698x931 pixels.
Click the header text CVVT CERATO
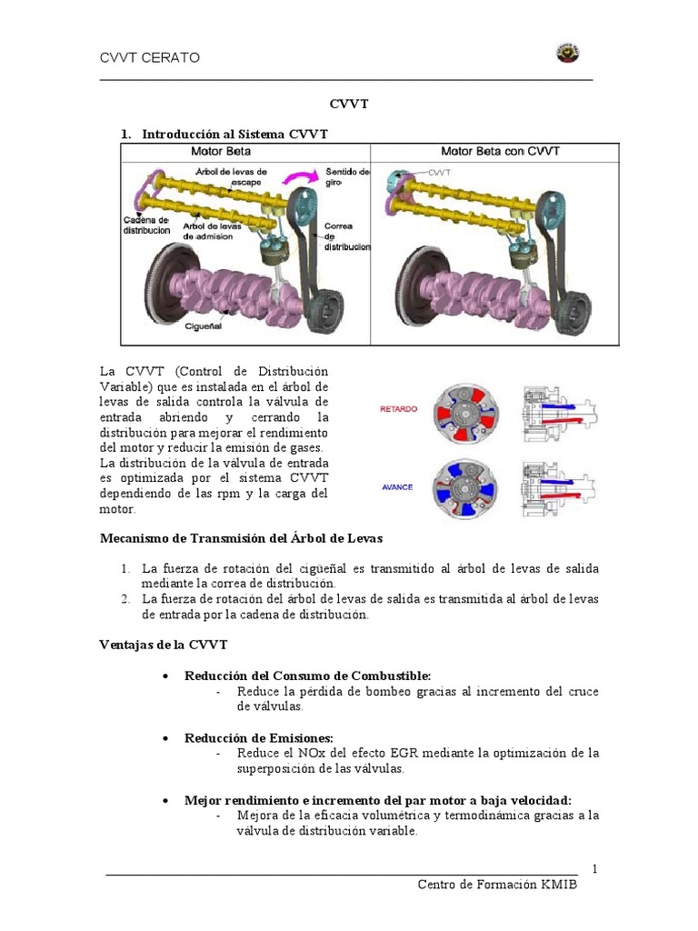[x=149, y=58]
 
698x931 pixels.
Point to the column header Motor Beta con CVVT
[x=500, y=151]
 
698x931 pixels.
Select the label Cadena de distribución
[x=145, y=225]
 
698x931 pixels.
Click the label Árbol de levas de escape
[x=232, y=176]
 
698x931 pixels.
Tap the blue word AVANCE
[x=397, y=486]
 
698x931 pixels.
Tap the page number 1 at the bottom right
[x=594, y=869]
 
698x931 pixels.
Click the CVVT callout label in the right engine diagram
[x=440, y=170]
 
